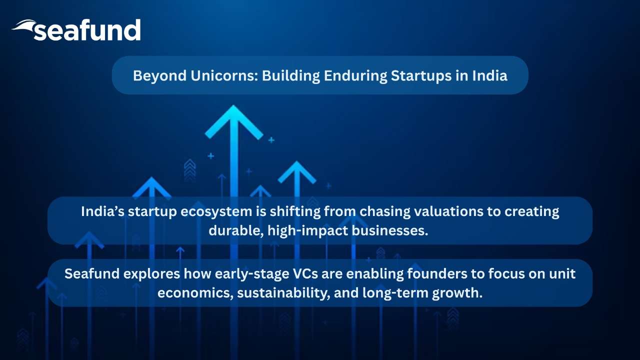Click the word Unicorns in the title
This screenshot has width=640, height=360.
coord(224,75)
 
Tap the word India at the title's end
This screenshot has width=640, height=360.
coord(489,75)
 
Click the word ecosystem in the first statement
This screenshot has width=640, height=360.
coord(216,212)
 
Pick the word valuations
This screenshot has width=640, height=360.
coord(449,211)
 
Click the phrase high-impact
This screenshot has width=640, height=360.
coord(307,231)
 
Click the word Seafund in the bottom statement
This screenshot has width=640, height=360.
coord(92,273)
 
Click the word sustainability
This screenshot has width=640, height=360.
coord(283,293)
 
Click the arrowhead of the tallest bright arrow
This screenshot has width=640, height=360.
coord(233,122)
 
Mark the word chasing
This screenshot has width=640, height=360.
coord(384,212)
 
